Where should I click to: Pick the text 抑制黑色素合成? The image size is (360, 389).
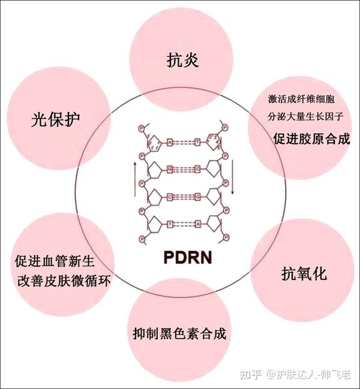coord(180,334)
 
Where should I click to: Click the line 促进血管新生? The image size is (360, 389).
coord(55,261)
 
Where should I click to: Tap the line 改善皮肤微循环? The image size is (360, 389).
coord(62,280)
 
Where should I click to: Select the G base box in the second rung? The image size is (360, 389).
coord(170,169)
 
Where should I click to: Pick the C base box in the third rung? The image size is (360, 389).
coord(170,195)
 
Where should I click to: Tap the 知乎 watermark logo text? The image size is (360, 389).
coord(250,376)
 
